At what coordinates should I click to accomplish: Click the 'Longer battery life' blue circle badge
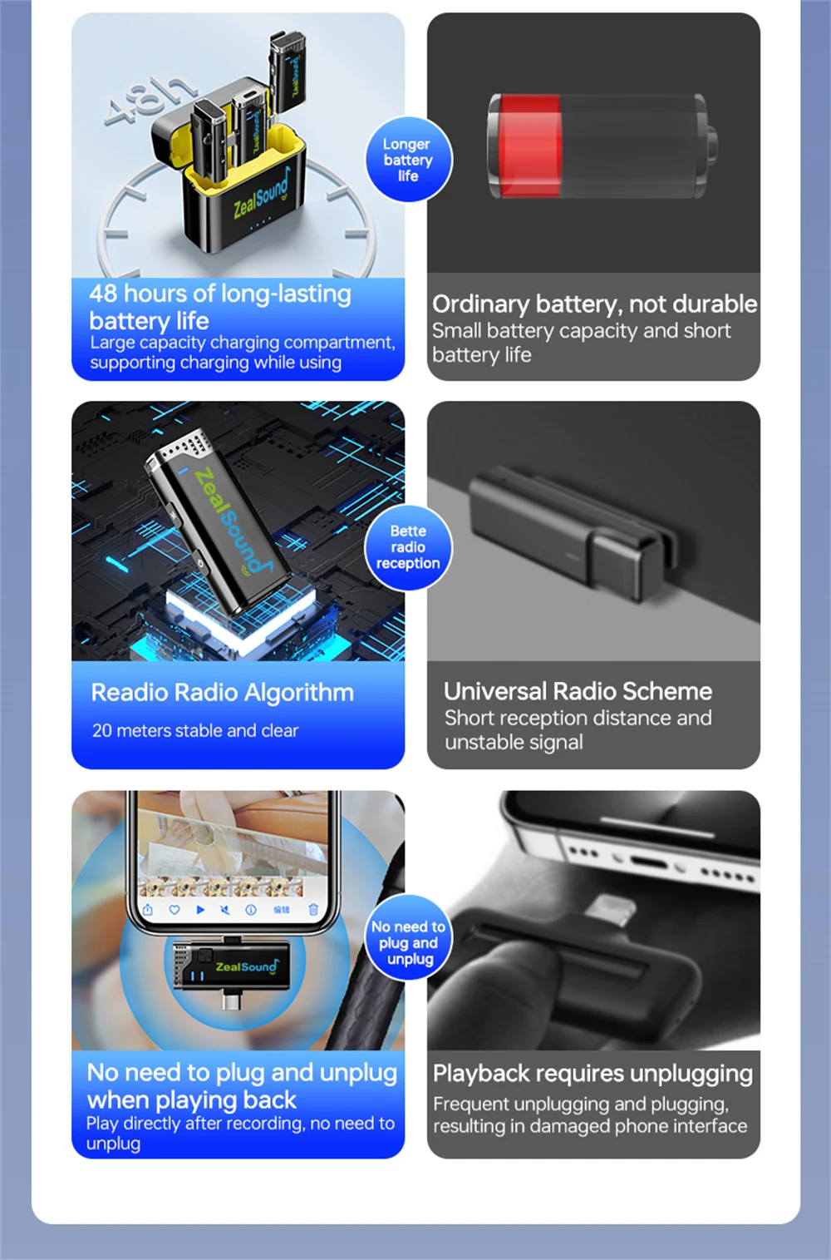[409, 159]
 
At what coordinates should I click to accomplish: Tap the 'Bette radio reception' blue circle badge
[409, 547]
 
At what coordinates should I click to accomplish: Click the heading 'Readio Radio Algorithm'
[223, 693]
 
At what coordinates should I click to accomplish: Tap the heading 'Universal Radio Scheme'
[578, 691]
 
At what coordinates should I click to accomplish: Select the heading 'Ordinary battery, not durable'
[594, 304]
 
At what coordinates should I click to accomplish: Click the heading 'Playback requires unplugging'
[593, 1074]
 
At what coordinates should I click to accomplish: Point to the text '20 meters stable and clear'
[195, 731]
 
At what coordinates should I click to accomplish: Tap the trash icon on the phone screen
[313, 910]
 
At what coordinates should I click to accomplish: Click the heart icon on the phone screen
[175, 910]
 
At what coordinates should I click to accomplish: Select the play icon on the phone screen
[200, 910]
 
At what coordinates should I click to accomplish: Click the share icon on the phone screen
[148, 910]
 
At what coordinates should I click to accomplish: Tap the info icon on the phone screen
[251, 910]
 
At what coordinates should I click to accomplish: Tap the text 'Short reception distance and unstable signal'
[578, 730]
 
